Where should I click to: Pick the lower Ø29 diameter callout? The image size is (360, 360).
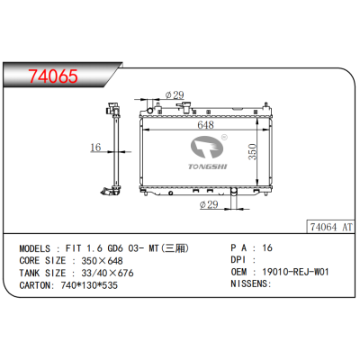(208, 204)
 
